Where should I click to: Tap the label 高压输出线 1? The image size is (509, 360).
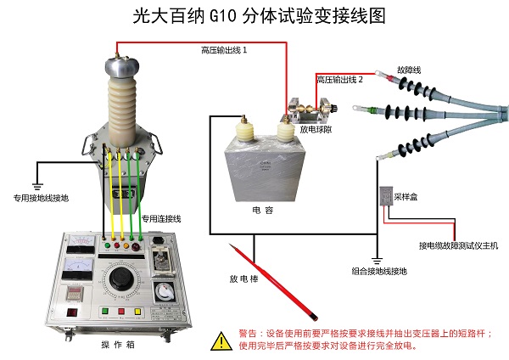point(224,51)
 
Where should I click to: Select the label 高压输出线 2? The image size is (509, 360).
point(339,79)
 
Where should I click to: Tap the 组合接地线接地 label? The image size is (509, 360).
point(378,271)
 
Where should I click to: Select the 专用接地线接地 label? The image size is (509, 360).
point(41,197)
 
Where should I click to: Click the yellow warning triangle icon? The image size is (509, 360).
point(221,340)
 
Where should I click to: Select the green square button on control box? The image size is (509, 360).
point(106,312)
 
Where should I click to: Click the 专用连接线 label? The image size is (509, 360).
point(162,217)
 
